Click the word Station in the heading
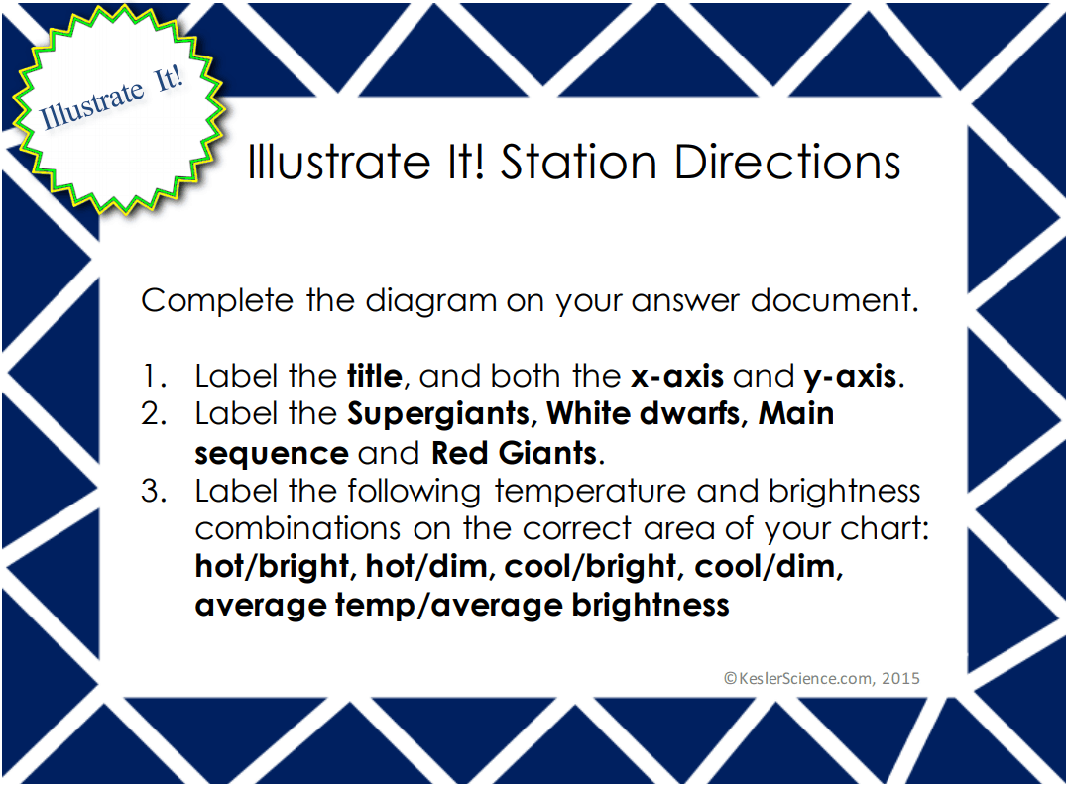[x=579, y=164]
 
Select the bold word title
[x=374, y=377]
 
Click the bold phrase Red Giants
[x=514, y=453]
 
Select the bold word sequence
[x=271, y=453]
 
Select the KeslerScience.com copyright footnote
[x=821, y=678]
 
